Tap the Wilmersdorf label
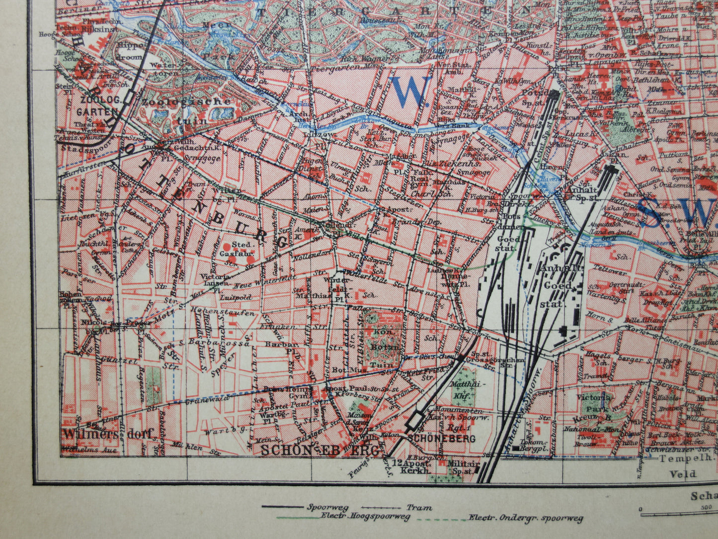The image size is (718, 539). click(x=109, y=434)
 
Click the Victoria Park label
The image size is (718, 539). click(x=594, y=403)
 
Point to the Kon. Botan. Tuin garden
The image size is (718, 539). click(x=383, y=341)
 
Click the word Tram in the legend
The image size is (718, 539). click(x=419, y=508)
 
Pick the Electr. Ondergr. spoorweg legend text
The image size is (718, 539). click(x=526, y=518)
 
